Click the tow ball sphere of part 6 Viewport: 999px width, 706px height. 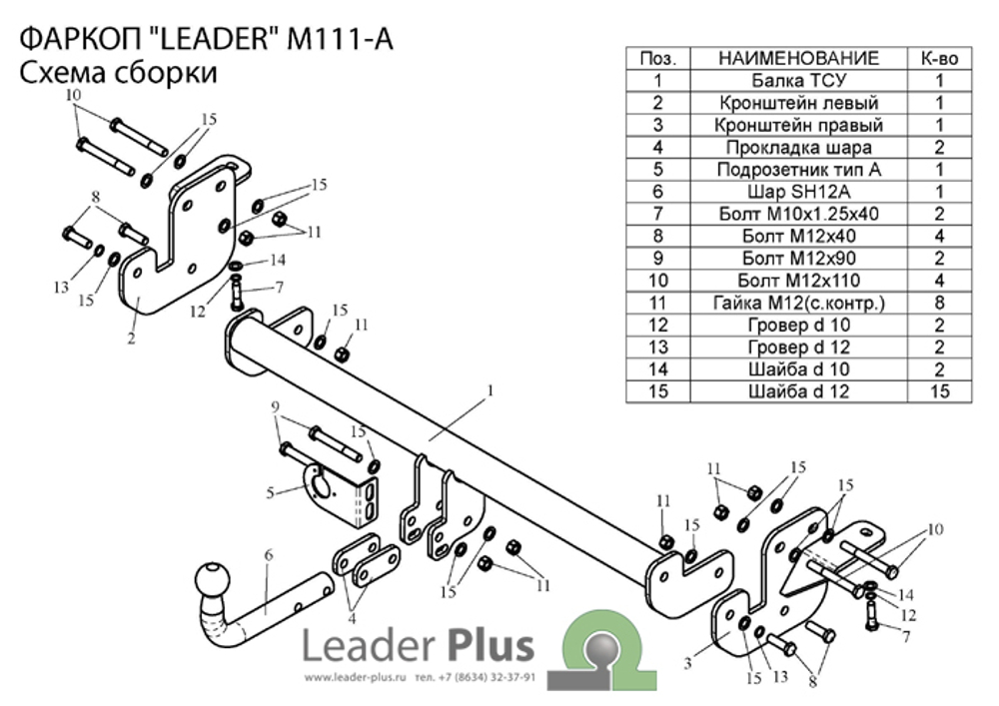coord(213,580)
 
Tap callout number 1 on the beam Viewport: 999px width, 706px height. coord(490,390)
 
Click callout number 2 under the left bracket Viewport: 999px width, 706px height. coord(131,338)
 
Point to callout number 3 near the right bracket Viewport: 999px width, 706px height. coord(687,663)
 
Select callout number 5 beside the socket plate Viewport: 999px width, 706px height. coord(270,492)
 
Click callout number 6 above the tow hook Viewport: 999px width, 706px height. coord(268,555)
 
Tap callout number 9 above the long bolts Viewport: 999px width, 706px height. coord(276,406)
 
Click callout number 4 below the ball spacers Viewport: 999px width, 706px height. coord(352,617)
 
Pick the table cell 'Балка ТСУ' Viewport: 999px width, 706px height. coord(798,81)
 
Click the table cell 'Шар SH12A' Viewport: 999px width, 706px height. coord(798,192)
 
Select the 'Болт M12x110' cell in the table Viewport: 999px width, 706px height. coord(798,281)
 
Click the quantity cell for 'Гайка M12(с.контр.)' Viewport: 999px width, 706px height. coord(939,303)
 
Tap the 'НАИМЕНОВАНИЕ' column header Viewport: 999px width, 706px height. coord(798,59)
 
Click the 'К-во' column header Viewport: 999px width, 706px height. coord(939,59)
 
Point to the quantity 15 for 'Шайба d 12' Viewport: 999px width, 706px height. coord(939,391)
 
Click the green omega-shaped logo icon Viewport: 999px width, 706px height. coord(601,651)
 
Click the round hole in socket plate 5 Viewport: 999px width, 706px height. coord(322,485)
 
